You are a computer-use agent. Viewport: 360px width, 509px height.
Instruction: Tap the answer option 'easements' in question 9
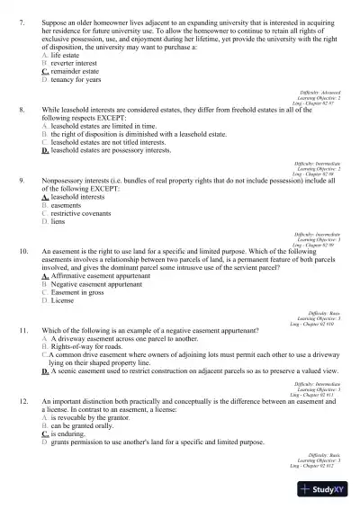(68, 205)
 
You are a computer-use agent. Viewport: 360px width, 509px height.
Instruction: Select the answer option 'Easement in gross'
(79, 292)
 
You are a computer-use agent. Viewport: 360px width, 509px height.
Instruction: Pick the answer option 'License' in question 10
(63, 301)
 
